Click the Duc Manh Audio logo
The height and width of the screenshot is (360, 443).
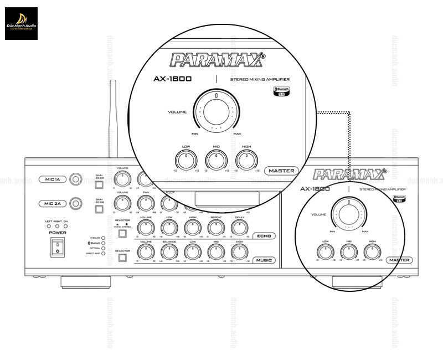[22, 23]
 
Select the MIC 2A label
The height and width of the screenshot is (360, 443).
[53, 203]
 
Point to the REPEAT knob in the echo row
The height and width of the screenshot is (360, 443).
[216, 228]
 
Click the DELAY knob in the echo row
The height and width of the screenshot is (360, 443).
[239, 228]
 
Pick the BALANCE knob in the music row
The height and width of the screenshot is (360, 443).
[169, 252]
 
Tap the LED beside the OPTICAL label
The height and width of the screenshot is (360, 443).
[103, 248]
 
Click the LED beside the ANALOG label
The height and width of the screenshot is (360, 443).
[103, 238]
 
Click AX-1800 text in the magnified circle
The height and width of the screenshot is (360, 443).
[172, 79]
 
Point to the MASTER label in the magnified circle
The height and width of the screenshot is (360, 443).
[281, 171]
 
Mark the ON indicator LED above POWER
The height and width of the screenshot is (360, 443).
[65, 227]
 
